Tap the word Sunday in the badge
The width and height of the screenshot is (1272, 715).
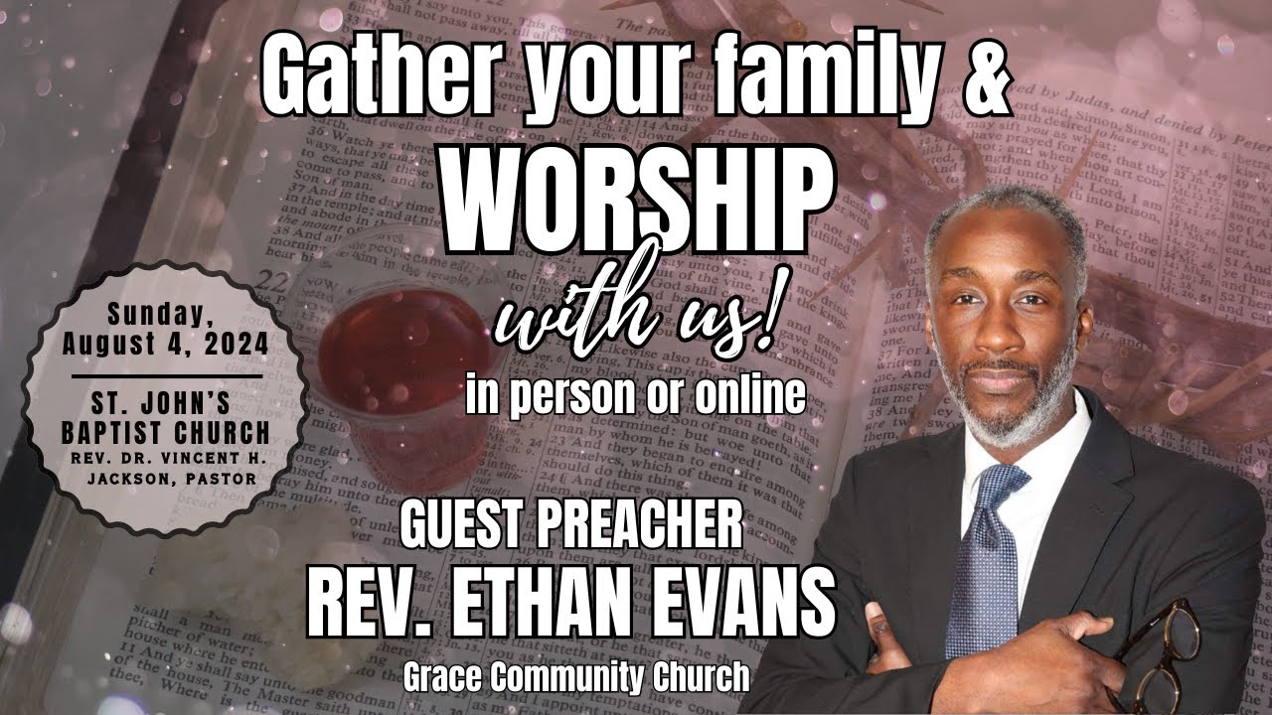tap(165, 315)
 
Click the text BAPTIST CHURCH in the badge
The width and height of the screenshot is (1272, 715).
tap(165, 433)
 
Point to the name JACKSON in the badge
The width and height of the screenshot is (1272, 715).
tap(130, 478)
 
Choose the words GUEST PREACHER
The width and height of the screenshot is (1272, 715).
tap(571, 524)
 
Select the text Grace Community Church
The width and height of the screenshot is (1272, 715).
tap(576, 677)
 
